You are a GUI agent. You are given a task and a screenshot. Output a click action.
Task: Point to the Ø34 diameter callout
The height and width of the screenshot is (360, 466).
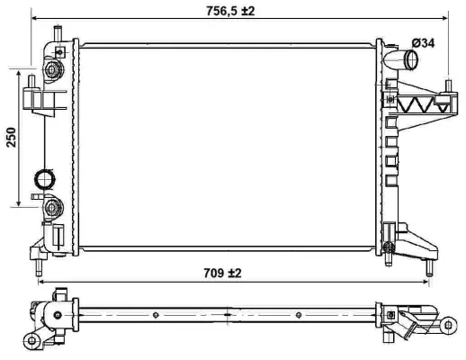point(423,42)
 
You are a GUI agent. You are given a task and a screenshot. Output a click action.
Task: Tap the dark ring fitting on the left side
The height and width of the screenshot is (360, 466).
point(44,177)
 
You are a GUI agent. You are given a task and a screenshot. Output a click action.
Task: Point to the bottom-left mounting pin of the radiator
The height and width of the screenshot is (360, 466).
point(39,266)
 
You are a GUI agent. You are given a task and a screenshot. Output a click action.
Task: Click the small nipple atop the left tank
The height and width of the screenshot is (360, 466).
point(56,33)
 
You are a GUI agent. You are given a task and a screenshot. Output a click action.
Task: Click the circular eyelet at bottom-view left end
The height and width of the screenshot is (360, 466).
point(33,338)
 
